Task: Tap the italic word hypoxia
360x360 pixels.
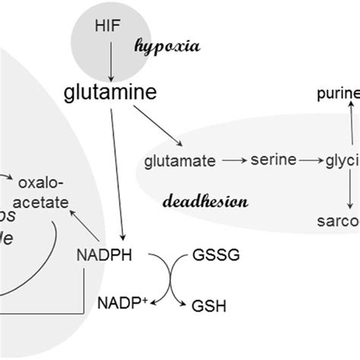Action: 166,46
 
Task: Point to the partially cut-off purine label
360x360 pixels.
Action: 339,95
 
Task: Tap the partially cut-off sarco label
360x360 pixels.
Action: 339,222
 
